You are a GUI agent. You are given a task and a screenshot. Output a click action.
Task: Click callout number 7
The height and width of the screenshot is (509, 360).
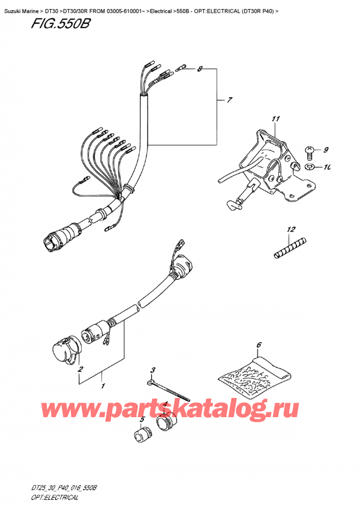(229, 100)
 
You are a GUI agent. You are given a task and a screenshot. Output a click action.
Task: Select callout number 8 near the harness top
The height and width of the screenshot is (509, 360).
(200, 70)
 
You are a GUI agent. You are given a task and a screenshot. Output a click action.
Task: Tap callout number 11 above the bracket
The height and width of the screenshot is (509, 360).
(275, 119)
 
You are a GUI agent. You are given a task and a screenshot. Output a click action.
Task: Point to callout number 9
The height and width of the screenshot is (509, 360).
(326, 149)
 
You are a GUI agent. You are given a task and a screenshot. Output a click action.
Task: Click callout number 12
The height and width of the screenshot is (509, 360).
(291, 229)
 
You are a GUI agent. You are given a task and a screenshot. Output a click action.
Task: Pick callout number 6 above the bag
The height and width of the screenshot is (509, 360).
(259, 345)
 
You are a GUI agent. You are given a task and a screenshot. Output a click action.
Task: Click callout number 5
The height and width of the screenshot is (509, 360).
(142, 420)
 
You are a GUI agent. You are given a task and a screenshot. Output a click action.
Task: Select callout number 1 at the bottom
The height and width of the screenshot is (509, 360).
(103, 386)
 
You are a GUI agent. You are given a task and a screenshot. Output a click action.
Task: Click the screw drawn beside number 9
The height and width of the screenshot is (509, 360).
(310, 149)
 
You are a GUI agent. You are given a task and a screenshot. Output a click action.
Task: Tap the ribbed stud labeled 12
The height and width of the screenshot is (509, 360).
(290, 247)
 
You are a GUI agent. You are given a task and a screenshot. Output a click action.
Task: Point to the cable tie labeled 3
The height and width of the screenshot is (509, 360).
(167, 390)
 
